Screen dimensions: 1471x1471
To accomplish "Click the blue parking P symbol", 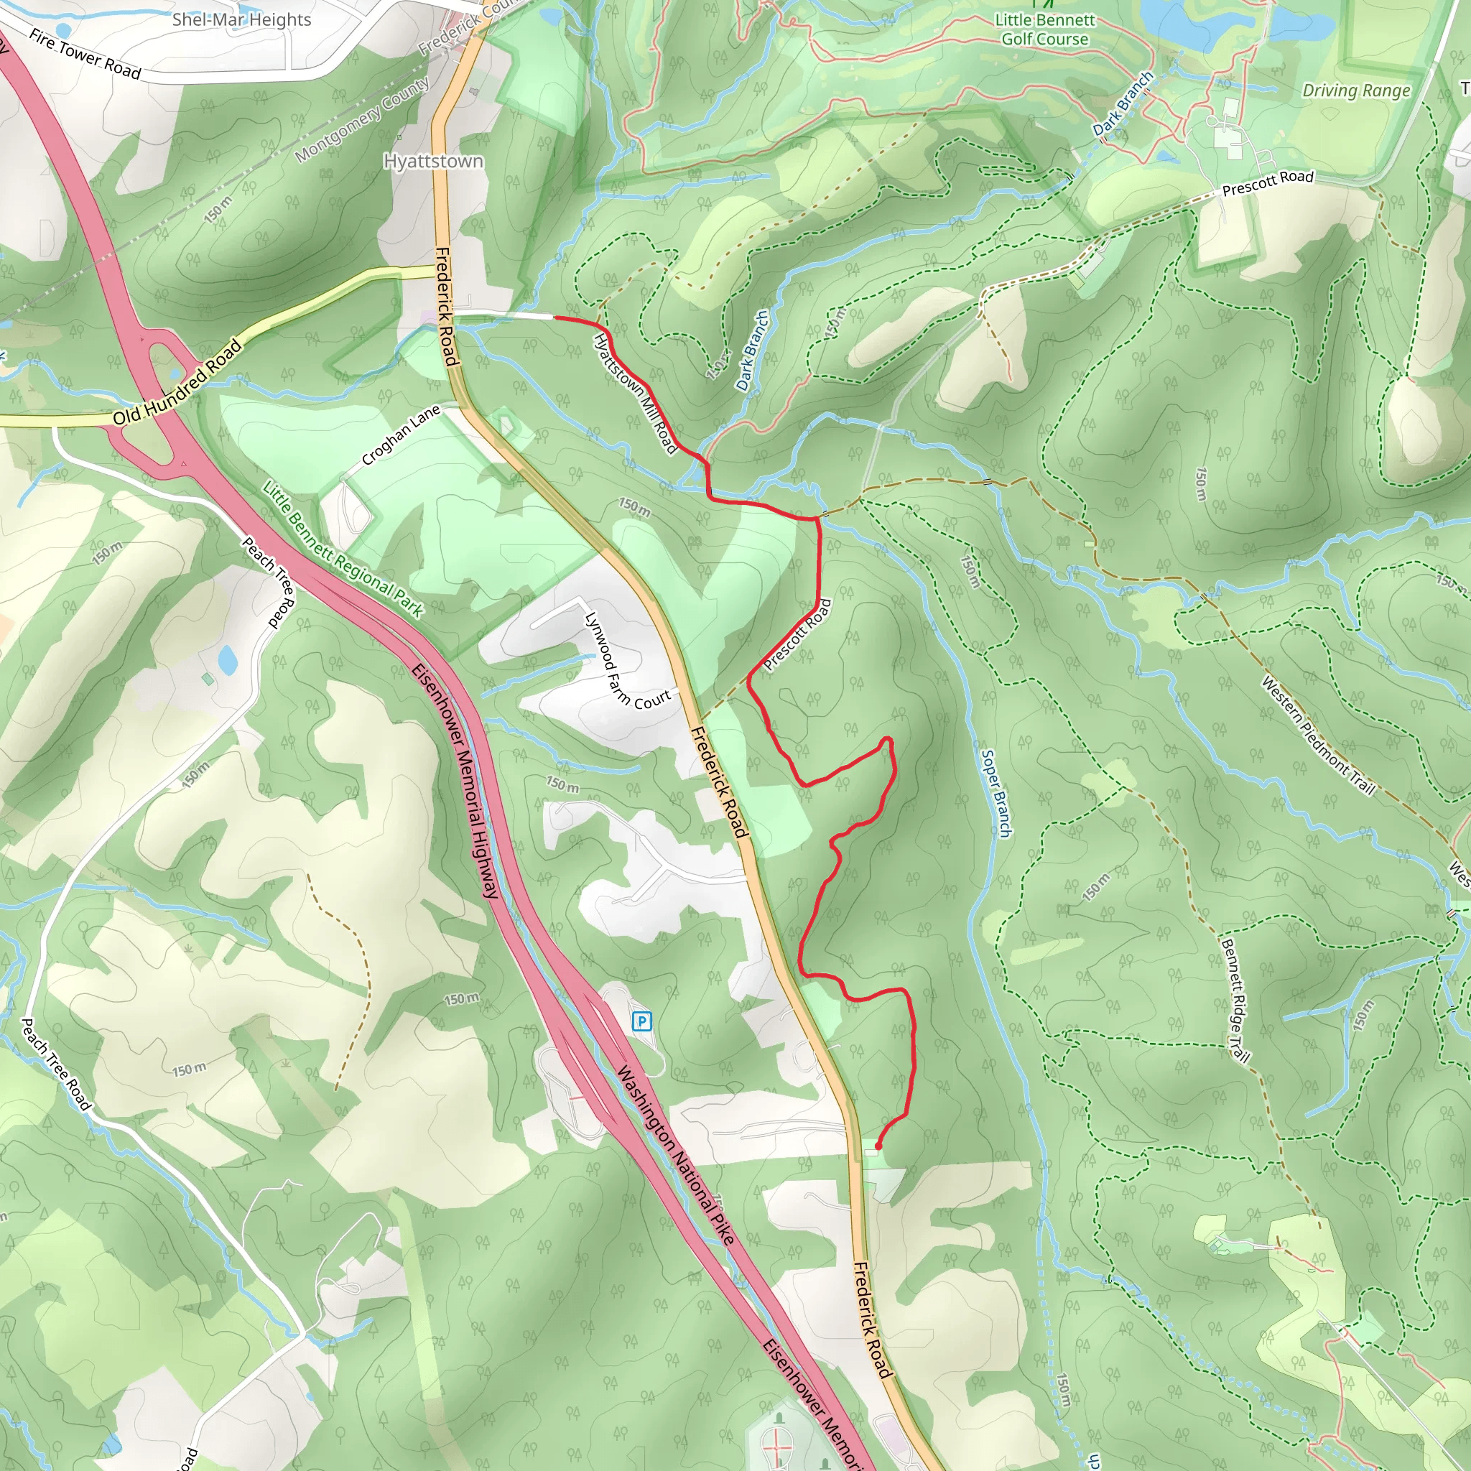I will point(642,1021).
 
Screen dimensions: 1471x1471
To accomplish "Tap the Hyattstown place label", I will point(433,162).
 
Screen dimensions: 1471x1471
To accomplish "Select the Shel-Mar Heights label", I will point(241,20).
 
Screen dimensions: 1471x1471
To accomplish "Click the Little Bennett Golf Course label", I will point(1044,29).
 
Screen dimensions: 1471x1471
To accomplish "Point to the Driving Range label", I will point(1356,91).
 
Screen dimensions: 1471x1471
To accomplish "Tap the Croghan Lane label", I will point(401,435).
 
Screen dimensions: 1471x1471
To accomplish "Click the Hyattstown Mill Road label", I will point(635,393).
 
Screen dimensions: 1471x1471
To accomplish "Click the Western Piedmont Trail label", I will point(1318,735).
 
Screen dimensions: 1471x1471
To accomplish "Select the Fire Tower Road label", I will point(85,54).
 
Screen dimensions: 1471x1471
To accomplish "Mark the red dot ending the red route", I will point(878,1146).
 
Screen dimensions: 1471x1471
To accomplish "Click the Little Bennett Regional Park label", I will point(343,548).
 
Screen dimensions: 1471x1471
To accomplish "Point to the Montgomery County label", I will point(362,119).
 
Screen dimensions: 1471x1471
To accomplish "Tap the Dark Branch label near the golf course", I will point(1123,104).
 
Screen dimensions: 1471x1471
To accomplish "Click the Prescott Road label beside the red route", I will point(797,635).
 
